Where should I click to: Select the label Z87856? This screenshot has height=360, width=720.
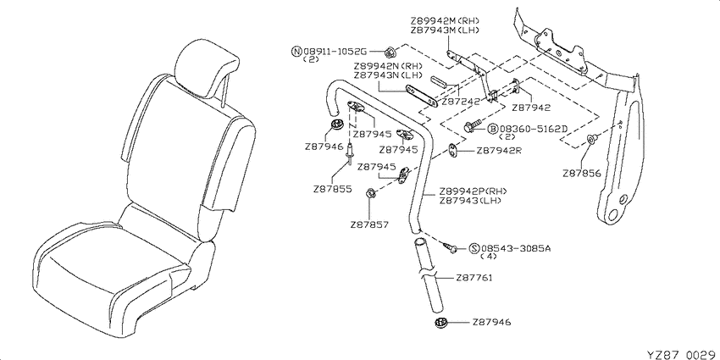pyautogui.click(x=581, y=174)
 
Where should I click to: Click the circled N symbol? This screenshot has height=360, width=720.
pyautogui.click(x=296, y=51)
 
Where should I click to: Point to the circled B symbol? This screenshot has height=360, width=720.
pyautogui.click(x=492, y=129)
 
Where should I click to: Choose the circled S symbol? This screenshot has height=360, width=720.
pyautogui.click(x=474, y=248)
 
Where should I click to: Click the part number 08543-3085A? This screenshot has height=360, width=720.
pyautogui.click(x=515, y=248)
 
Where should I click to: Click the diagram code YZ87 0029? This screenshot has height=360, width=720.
pyautogui.click(x=681, y=354)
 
